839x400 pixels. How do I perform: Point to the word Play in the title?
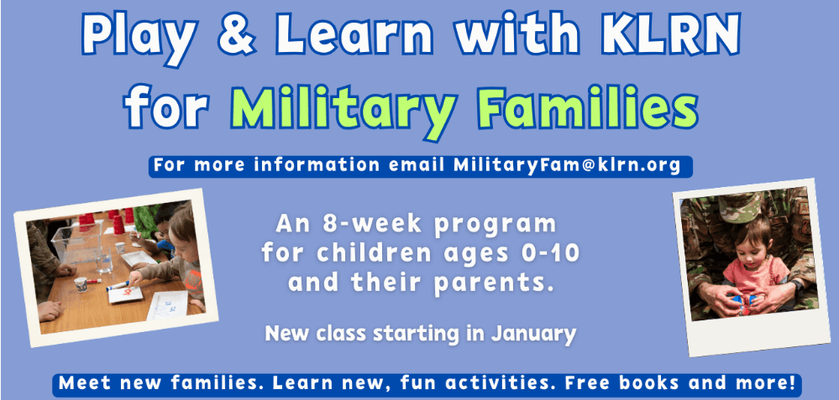141,39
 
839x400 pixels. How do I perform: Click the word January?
533,335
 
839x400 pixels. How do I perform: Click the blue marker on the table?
118,286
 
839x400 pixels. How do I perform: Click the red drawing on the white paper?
127,292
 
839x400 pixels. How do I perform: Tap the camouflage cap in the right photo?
741,205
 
